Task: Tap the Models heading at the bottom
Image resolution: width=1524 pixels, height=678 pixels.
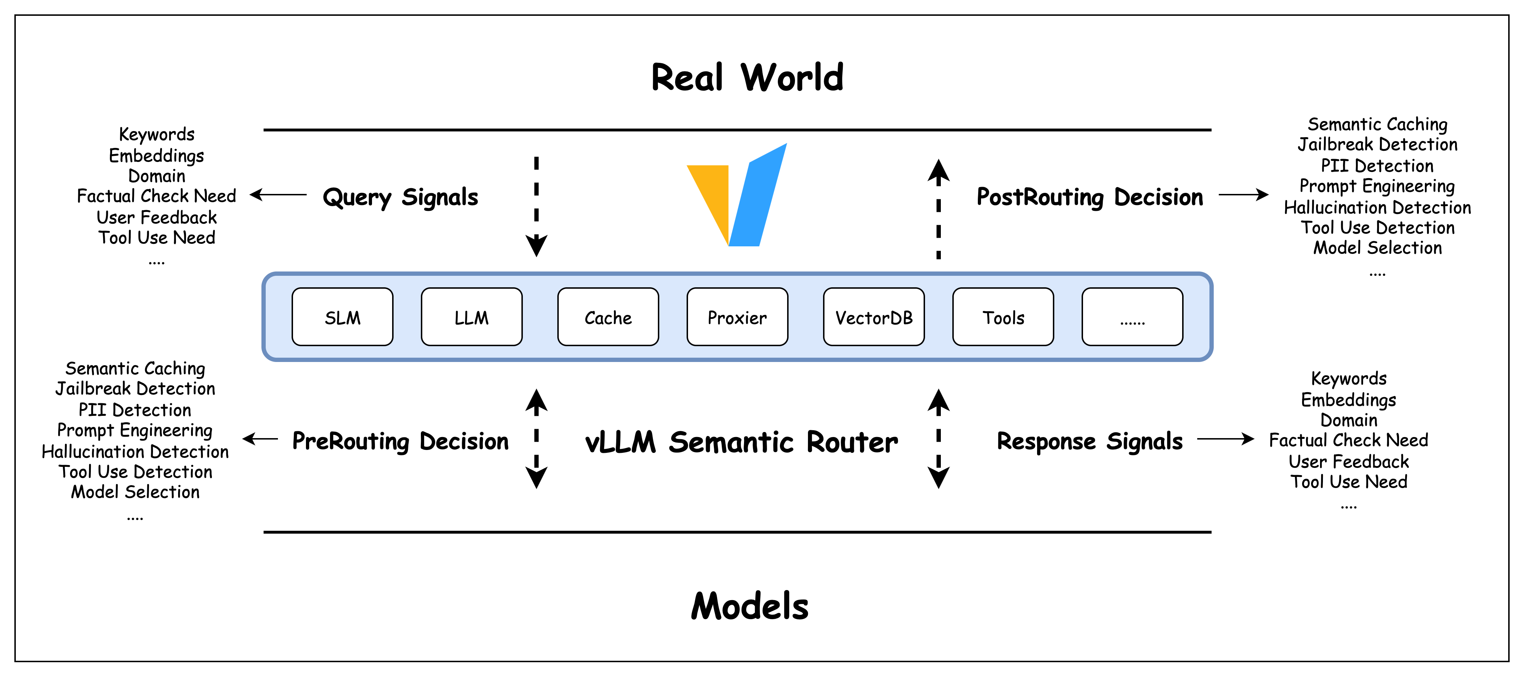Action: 749,607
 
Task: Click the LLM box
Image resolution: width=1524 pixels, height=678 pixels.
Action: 471,317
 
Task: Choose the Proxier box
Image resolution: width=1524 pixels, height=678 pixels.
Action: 737,317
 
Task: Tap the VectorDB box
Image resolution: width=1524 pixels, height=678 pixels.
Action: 873,317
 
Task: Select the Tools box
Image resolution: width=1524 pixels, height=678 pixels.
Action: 1003,317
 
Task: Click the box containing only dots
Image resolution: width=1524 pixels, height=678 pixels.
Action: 1132,317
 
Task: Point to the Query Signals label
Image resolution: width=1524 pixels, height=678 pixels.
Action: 400,197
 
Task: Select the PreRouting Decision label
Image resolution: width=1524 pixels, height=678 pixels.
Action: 400,441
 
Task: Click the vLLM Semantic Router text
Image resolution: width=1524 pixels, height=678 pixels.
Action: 741,442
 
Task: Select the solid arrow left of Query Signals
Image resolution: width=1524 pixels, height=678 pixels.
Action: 278,195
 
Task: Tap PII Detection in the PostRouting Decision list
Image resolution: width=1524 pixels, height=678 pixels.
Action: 1377,166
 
